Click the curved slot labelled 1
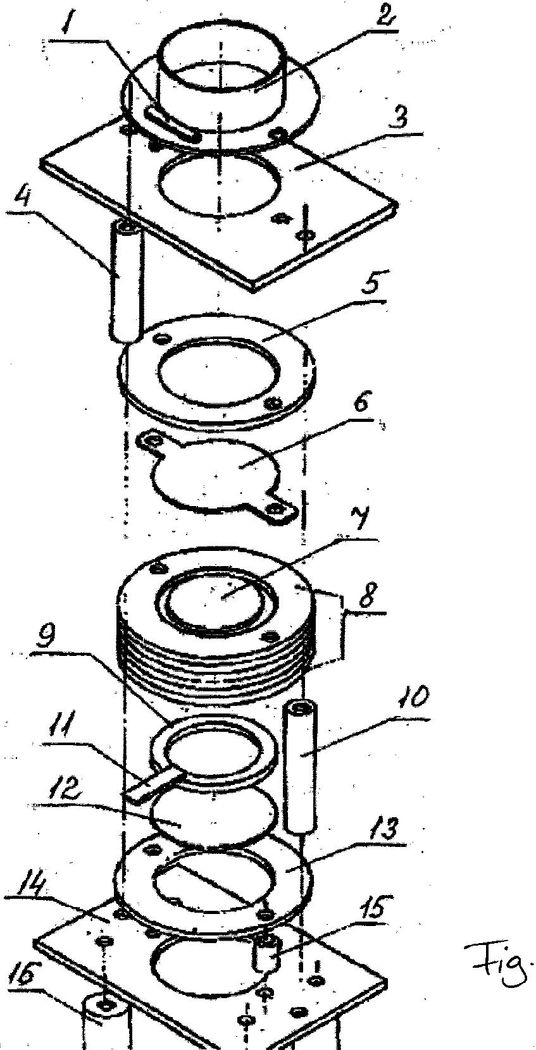click(171, 124)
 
